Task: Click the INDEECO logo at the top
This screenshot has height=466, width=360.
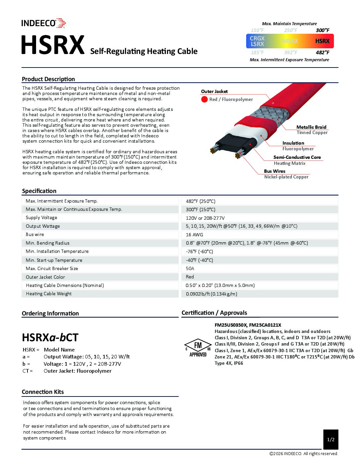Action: click(43, 23)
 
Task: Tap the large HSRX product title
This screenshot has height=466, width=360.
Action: click(53, 45)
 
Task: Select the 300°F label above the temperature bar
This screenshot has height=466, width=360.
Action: click(322, 30)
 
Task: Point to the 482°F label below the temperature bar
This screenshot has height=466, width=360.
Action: click(322, 52)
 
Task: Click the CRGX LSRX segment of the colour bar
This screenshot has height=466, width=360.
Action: click(257, 41)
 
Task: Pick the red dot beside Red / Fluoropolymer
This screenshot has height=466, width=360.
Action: click(204, 99)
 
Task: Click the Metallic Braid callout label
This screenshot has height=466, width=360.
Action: click(311, 127)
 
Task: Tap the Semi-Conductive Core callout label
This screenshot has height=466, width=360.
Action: click(297, 157)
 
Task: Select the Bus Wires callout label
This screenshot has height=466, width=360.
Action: click(274, 171)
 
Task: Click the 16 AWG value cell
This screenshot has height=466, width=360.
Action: click(195, 235)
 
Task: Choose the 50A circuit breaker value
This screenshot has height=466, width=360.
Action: click(190, 268)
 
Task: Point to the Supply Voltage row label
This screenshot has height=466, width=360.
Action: click(41, 217)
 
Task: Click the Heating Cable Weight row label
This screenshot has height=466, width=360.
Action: click(49, 294)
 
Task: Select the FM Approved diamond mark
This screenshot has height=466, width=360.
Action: click(198, 348)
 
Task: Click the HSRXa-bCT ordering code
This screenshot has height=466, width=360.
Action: click(50, 337)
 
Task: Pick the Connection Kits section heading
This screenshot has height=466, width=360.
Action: click(43, 392)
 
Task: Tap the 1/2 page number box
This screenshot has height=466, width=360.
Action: click(331, 440)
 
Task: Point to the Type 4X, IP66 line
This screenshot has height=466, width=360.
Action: click(229, 363)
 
